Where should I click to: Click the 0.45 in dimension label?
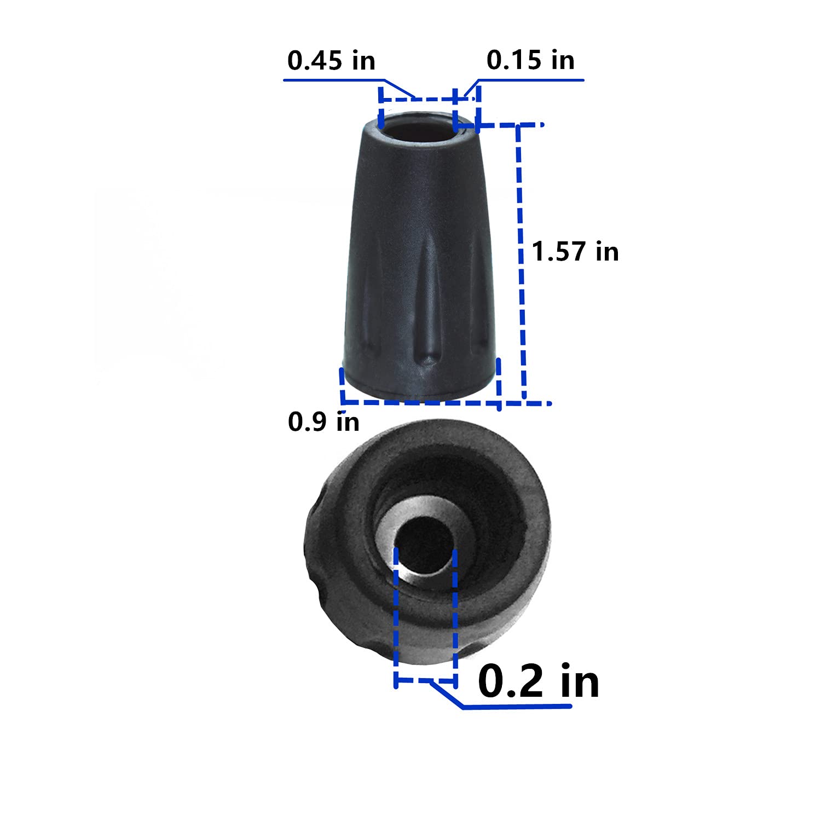click(x=331, y=60)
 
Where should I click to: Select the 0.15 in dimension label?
click(x=530, y=60)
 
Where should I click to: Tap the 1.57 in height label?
click(x=575, y=252)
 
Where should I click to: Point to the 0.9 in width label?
click(x=323, y=421)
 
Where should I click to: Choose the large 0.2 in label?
click(x=539, y=681)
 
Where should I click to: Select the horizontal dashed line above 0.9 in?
click(x=419, y=402)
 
